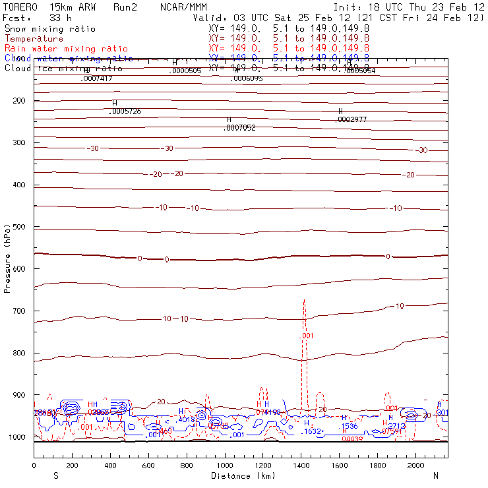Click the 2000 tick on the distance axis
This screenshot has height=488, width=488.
pos(416,466)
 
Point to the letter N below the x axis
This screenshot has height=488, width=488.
pos(436,475)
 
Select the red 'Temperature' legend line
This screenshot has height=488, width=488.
pos(34,39)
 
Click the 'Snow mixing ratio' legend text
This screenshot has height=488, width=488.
pos(49,29)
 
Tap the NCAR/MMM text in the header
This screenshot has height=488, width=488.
pos(183,7)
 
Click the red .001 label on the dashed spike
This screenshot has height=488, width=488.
pos(307,336)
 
